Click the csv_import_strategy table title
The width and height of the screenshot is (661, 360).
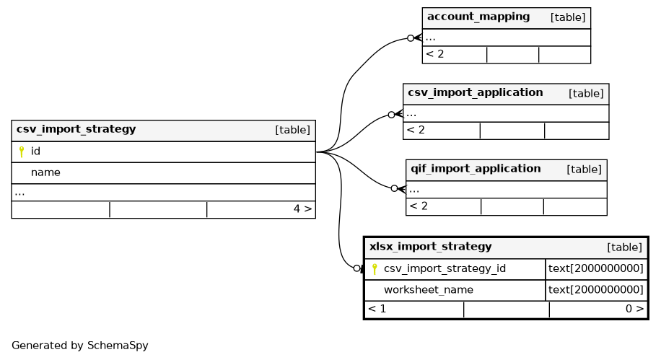[x=76, y=129]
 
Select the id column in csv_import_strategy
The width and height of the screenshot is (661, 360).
[x=35, y=151]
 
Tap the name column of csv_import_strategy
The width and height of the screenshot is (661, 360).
[x=45, y=172]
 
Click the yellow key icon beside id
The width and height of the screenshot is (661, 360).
[x=22, y=152]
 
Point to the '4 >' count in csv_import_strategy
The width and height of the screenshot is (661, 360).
[x=302, y=208]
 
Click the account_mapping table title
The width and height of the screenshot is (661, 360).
[x=478, y=17]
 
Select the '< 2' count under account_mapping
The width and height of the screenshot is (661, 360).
[x=434, y=54]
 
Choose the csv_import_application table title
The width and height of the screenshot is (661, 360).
[x=475, y=92]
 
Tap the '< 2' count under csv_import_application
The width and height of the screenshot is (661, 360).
[x=416, y=130]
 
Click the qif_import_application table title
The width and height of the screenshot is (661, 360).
[x=476, y=169]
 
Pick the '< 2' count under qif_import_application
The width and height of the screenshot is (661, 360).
[x=419, y=206]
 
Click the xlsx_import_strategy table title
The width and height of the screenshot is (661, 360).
[x=430, y=246]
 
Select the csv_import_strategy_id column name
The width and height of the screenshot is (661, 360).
[x=445, y=268]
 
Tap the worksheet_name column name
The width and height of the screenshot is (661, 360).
[x=429, y=289]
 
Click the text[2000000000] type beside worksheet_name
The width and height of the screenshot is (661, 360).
[x=595, y=289]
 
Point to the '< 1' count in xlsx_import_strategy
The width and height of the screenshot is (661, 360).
[x=377, y=309]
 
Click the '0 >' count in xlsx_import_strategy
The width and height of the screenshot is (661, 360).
[x=634, y=309]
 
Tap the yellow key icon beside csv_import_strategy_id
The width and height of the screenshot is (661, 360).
[x=375, y=269]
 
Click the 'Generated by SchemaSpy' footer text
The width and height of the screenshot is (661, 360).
[x=80, y=346]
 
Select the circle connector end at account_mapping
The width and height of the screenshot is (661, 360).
[x=411, y=38]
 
